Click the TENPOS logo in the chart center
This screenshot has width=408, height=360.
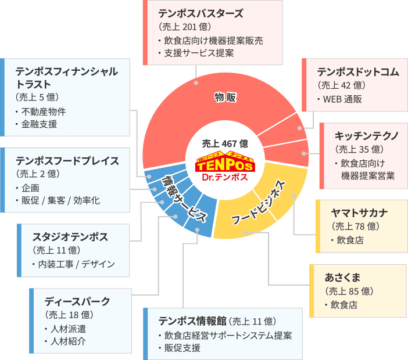[x=224, y=166]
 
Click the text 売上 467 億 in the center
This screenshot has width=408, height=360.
[x=225, y=143]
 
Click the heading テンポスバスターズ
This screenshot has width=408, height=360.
[x=201, y=13]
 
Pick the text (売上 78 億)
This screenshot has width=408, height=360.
[x=355, y=226]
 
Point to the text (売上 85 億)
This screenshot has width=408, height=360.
[x=349, y=290]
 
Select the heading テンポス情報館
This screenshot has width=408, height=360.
[x=192, y=321]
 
